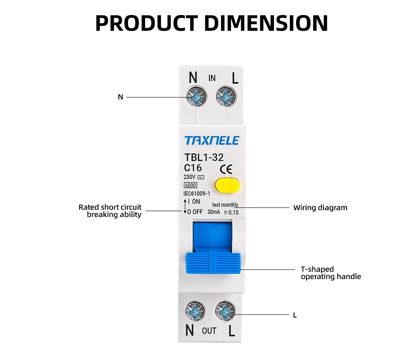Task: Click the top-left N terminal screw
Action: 194,98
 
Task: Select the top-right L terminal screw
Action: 226,98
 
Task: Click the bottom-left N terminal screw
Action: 194,310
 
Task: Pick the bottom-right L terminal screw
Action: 226,310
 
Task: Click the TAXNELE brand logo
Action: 211,140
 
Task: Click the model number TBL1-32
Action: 203,157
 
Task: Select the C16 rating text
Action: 193,168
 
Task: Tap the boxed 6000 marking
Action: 190,185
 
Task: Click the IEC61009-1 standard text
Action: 196,193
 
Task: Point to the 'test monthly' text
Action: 225,205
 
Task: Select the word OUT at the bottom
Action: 209,331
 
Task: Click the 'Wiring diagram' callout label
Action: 320,207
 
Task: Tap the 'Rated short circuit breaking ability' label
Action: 110,211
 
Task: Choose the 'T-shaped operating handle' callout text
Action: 331,273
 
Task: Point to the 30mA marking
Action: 214,212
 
